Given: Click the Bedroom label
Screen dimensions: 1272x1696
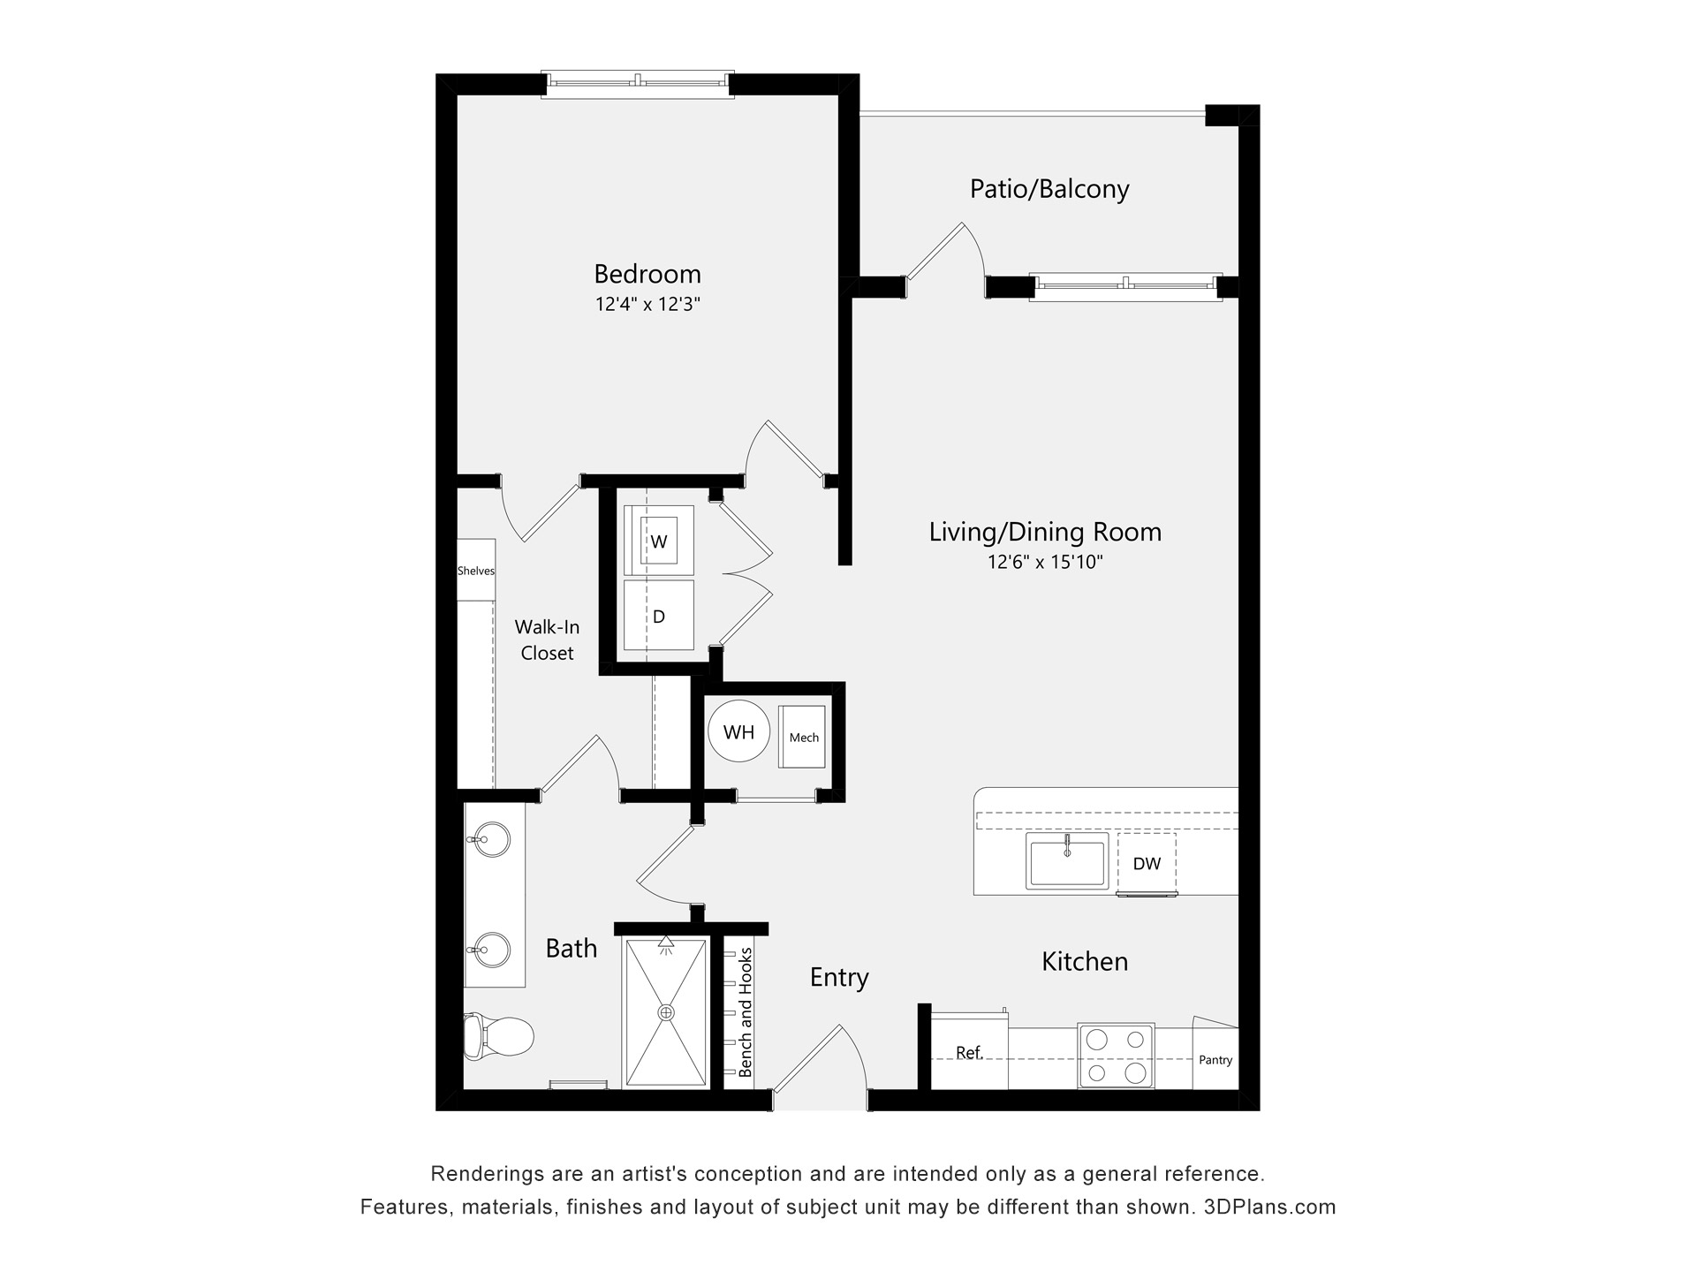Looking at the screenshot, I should click(647, 274).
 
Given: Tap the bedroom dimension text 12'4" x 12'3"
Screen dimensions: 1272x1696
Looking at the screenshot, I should click(647, 305).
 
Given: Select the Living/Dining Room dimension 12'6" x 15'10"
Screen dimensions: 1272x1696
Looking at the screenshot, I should click(1045, 562).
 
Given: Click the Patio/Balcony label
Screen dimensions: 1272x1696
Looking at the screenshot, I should click(1049, 189).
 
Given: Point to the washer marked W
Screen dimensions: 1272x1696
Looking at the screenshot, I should click(658, 541).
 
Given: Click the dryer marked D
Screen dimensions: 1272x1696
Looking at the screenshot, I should click(658, 616).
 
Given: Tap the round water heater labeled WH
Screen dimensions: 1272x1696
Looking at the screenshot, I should click(738, 731).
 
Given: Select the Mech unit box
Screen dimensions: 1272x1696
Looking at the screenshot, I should click(803, 737).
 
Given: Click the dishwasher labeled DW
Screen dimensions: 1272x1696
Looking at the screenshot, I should click(1147, 864).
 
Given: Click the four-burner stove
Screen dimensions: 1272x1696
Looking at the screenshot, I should click(1116, 1056).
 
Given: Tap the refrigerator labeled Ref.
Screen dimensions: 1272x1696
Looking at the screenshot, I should click(969, 1053).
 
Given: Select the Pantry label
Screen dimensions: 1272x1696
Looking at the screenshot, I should click(1215, 1060).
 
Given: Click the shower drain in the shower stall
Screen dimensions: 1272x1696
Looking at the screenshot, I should click(666, 1012).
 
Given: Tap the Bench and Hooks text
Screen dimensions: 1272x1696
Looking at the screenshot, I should click(746, 1012).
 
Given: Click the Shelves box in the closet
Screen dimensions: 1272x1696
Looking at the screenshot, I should click(475, 571).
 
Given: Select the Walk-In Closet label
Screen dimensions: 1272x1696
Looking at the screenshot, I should click(547, 640).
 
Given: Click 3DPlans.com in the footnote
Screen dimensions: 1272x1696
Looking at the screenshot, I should click(1269, 1207).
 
